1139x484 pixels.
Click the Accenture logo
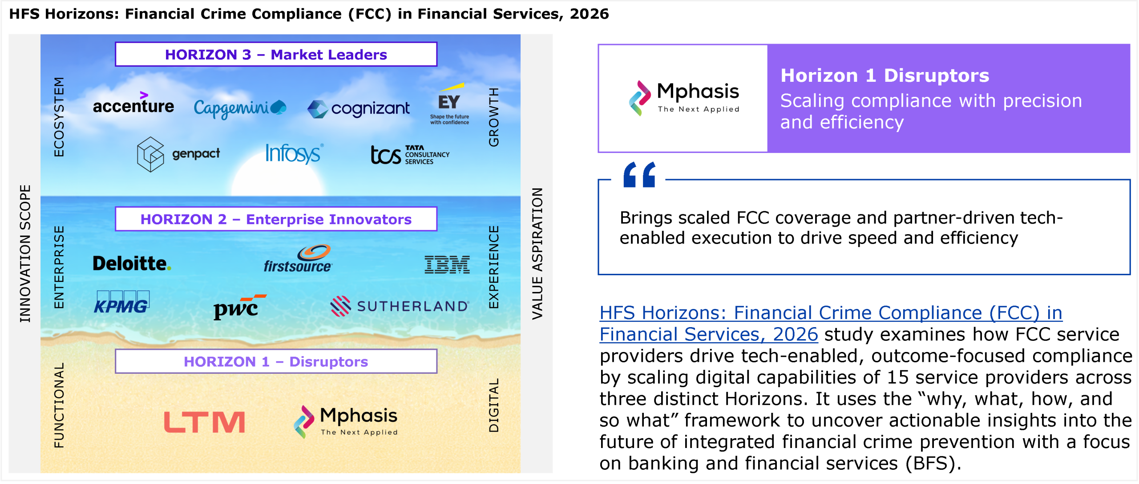pyautogui.click(x=133, y=103)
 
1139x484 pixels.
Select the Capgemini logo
pyautogui.click(x=240, y=108)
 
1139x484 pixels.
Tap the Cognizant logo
pyautogui.click(x=359, y=108)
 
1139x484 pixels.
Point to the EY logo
pyautogui.click(x=449, y=104)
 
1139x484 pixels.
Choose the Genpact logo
pyautogui.click(x=178, y=154)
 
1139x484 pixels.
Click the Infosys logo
pyautogui.click(x=294, y=153)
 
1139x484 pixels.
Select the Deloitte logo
pyautogui.click(x=132, y=264)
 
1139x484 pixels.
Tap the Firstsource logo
pyautogui.click(x=298, y=258)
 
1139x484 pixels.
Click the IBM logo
pyautogui.click(x=447, y=264)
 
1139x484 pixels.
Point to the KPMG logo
pyautogui.click(x=121, y=303)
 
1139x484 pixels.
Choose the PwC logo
pyautogui.click(x=240, y=307)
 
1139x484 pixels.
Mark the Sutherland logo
pyautogui.click(x=400, y=306)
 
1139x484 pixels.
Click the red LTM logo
pyautogui.click(x=204, y=422)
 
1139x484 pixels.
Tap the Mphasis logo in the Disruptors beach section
pyautogui.click(x=346, y=421)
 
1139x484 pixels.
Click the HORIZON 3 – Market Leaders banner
pyautogui.click(x=276, y=54)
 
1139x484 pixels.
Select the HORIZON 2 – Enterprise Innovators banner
pyautogui.click(x=276, y=219)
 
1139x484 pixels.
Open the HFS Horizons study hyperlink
pyautogui.click(x=831, y=324)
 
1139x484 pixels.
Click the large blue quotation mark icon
pyautogui.click(x=639, y=175)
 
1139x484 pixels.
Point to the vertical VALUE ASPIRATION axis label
pyautogui.click(x=537, y=253)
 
